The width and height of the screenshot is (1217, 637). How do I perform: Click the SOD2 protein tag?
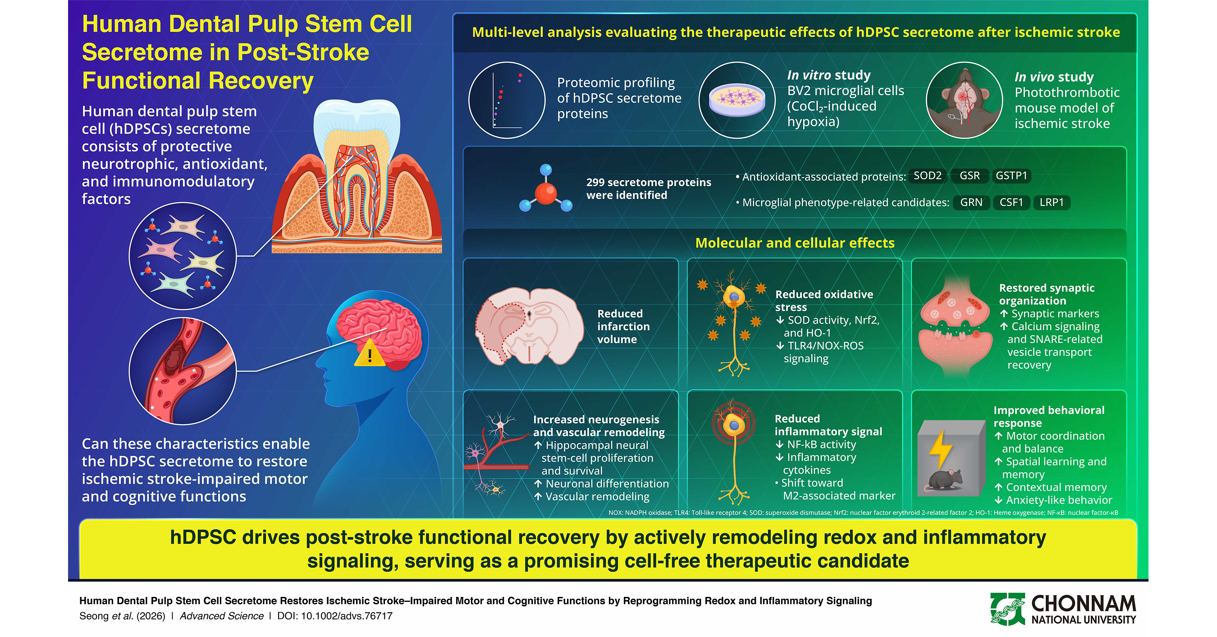click(927, 176)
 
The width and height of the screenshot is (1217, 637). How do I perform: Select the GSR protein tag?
click(970, 176)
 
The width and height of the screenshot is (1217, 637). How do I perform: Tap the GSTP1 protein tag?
click(1011, 176)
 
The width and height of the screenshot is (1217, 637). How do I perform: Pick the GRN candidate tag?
click(971, 203)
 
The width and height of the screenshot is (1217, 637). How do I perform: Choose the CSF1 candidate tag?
click(1011, 203)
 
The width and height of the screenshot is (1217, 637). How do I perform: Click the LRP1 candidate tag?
click(1052, 203)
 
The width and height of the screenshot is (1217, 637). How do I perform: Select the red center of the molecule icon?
click(546, 194)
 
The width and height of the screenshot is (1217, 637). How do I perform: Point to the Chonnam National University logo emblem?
click(1007, 609)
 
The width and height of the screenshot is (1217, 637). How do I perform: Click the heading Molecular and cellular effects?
click(795, 243)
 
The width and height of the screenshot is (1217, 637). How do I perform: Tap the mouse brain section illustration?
click(530, 326)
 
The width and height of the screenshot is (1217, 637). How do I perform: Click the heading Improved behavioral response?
click(1049, 416)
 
